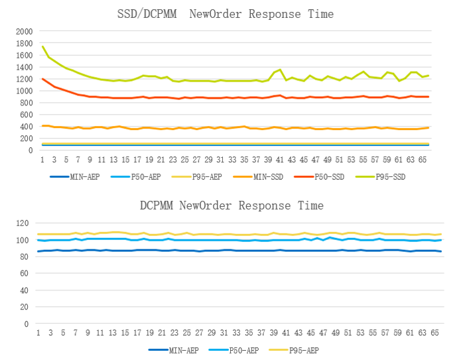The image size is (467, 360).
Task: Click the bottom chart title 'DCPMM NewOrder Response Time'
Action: (232, 206)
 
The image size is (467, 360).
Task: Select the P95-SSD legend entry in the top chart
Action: (391, 177)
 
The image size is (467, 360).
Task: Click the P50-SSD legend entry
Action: (330, 177)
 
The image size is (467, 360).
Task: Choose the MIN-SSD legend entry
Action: (267, 177)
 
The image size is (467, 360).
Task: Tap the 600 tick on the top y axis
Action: (26, 115)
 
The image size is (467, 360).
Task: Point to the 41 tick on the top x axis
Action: (280, 160)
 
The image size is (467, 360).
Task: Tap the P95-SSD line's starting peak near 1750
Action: (42, 46)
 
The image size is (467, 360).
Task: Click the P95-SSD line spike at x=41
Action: (280, 70)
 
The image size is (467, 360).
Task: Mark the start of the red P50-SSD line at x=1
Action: (42, 79)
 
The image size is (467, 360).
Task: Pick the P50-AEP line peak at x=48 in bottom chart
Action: (330, 237)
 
